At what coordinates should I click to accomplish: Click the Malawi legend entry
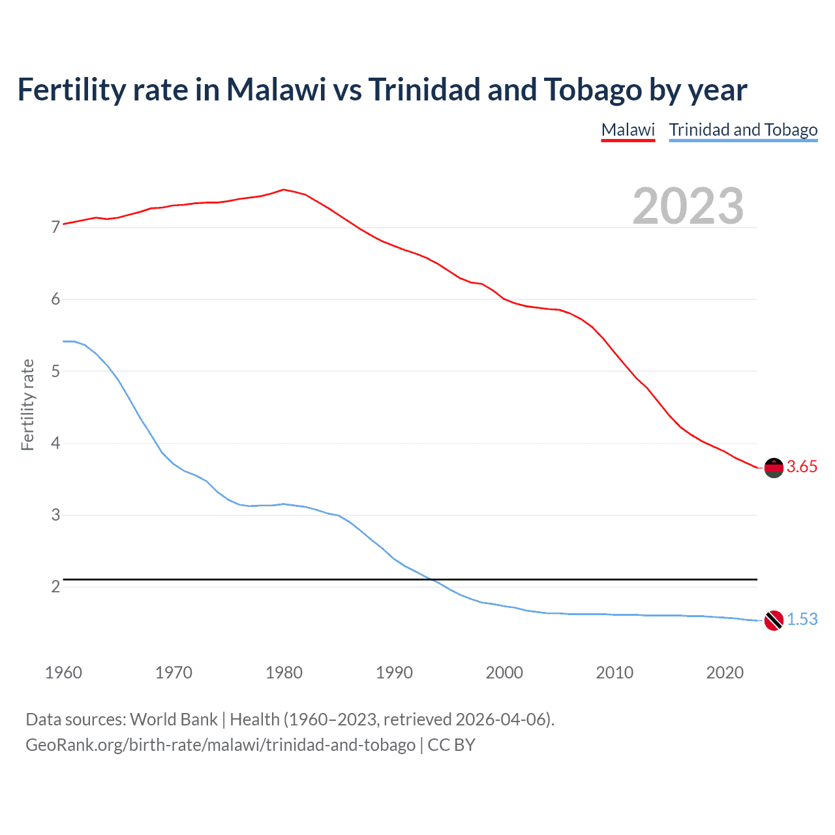click(x=628, y=130)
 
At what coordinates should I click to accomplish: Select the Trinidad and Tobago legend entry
click(x=743, y=130)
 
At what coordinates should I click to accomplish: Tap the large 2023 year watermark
click(x=688, y=206)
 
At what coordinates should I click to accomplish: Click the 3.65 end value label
click(x=802, y=467)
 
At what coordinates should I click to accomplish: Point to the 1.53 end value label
click(x=802, y=620)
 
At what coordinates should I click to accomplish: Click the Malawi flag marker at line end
click(x=774, y=468)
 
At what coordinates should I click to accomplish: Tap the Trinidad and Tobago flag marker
click(x=774, y=620)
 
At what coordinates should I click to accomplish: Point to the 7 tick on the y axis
click(x=55, y=228)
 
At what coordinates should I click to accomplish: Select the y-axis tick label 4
click(x=55, y=444)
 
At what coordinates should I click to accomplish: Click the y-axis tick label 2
click(x=55, y=587)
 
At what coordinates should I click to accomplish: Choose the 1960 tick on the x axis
click(x=63, y=673)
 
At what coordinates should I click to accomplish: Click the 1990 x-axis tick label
click(x=394, y=673)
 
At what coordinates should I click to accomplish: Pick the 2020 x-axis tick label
click(x=725, y=673)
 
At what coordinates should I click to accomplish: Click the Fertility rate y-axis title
click(x=27, y=404)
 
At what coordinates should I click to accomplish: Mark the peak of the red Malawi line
click(x=283, y=190)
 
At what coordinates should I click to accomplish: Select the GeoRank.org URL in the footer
click(x=220, y=745)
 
